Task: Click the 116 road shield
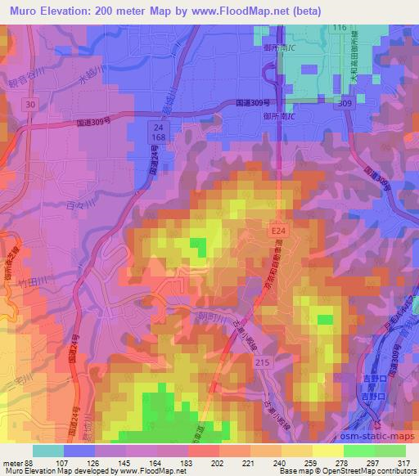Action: click(x=340, y=29)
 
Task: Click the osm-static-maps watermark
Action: click(x=378, y=435)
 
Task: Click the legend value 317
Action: click(x=403, y=463)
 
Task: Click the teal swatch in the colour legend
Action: click(x=47, y=451)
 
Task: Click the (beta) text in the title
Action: click(x=304, y=11)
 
